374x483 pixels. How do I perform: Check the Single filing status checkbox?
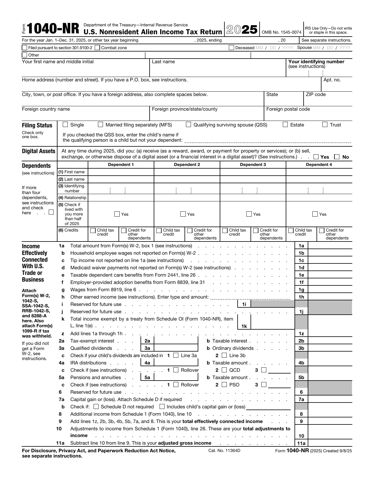65,124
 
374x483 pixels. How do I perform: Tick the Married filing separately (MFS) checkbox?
100,124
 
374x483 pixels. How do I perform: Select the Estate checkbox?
285,124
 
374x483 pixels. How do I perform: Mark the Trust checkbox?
325,124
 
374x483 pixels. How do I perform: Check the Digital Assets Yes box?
316,157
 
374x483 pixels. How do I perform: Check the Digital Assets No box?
337,157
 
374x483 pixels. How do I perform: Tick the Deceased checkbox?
231,48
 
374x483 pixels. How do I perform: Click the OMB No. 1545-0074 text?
281,32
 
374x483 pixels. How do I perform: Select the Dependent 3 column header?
253,165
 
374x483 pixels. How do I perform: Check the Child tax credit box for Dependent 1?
93,230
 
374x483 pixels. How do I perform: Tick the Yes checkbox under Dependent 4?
315,214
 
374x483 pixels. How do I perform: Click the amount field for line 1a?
330,246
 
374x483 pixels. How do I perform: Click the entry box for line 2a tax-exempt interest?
176,341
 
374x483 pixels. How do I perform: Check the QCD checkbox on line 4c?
224,370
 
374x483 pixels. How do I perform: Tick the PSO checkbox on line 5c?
224,385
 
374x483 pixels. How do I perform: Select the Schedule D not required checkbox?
96,407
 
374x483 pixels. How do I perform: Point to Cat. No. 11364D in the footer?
224,451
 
